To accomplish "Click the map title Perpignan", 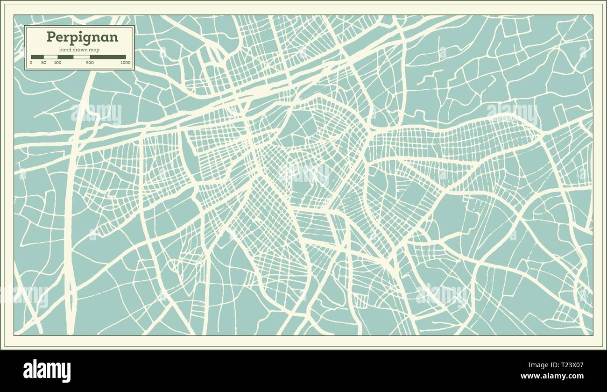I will pos(82,37).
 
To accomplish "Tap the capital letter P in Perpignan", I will pos(50,37).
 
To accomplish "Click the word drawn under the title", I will pos(81,50).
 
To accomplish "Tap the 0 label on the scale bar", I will pos(31,63).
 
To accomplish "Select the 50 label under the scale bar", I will pos(44,63).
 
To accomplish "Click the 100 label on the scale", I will pos(57,63).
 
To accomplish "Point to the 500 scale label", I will pos(90,63).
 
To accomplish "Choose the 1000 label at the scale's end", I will pos(125,63).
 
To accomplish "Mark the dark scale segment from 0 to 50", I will pos(37,57).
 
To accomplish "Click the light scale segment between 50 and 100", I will pos(50,57).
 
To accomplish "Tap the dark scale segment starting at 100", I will pos(65,57).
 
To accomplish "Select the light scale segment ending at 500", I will pos(82,57).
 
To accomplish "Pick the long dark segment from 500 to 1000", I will pos(108,57).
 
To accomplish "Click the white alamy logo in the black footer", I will pos(47,371).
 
